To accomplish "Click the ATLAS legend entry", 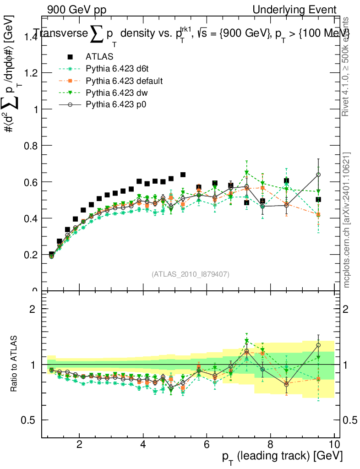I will click(x=96, y=57).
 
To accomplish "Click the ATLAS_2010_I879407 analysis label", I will click(x=190, y=274).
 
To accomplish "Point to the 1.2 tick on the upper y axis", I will click(x=31, y=73).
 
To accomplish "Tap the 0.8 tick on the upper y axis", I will click(x=31, y=145).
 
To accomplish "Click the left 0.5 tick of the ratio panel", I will click(x=32, y=420).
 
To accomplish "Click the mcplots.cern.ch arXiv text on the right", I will click(x=347, y=220).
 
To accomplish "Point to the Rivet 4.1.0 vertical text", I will click(x=347, y=66).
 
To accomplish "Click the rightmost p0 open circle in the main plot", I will click(x=318, y=175).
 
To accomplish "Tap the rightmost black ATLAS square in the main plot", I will click(x=318, y=199).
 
